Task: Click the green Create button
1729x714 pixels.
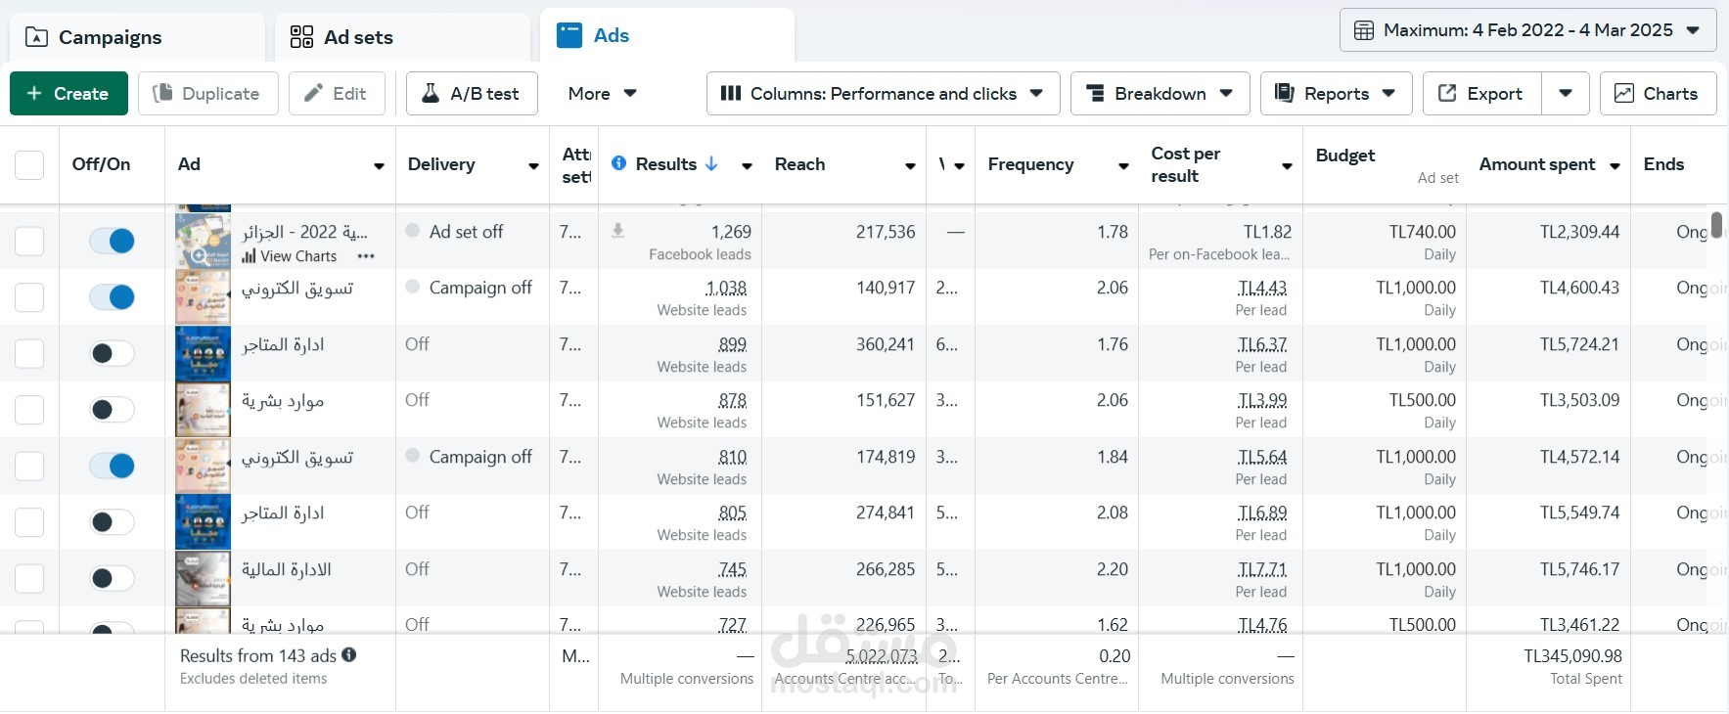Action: pyautogui.click(x=68, y=94)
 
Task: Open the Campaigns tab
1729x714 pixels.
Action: pyautogui.click(x=110, y=37)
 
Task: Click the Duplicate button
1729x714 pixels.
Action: pyautogui.click(x=207, y=94)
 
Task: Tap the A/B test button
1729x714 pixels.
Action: pyautogui.click(x=472, y=94)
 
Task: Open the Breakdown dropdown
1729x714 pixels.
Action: pyautogui.click(x=1160, y=94)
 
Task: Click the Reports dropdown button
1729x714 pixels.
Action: pyautogui.click(x=1336, y=94)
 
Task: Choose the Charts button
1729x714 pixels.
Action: pyautogui.click(x=1658, y=94)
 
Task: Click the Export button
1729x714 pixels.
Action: pyautogui.click(x=1481, y=94)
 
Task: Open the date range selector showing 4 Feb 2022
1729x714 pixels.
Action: pyautogui.click(x=1527, y=30)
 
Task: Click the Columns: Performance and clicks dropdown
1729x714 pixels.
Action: pyautogui.click(x=883, y=94)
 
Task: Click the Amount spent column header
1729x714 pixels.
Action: pyautogui.click(x=1537, y=164)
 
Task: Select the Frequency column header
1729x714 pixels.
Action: pyautogui.click(x=1030, y=164)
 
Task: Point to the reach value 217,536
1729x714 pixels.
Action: pyautogui.click(x=886, y=232)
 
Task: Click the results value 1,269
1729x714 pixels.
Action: pyautogui.click(x=731, y=232)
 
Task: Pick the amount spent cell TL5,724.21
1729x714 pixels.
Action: pyautogui.click(x=1579, y=344)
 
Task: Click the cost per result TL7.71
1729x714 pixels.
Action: pyautogui.click(x=1262, y=569)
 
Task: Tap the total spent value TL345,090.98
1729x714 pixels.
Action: pyautogui.click(x=1572, y=656)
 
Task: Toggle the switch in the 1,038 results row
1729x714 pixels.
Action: pyautogui.click(x=112, y=296)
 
